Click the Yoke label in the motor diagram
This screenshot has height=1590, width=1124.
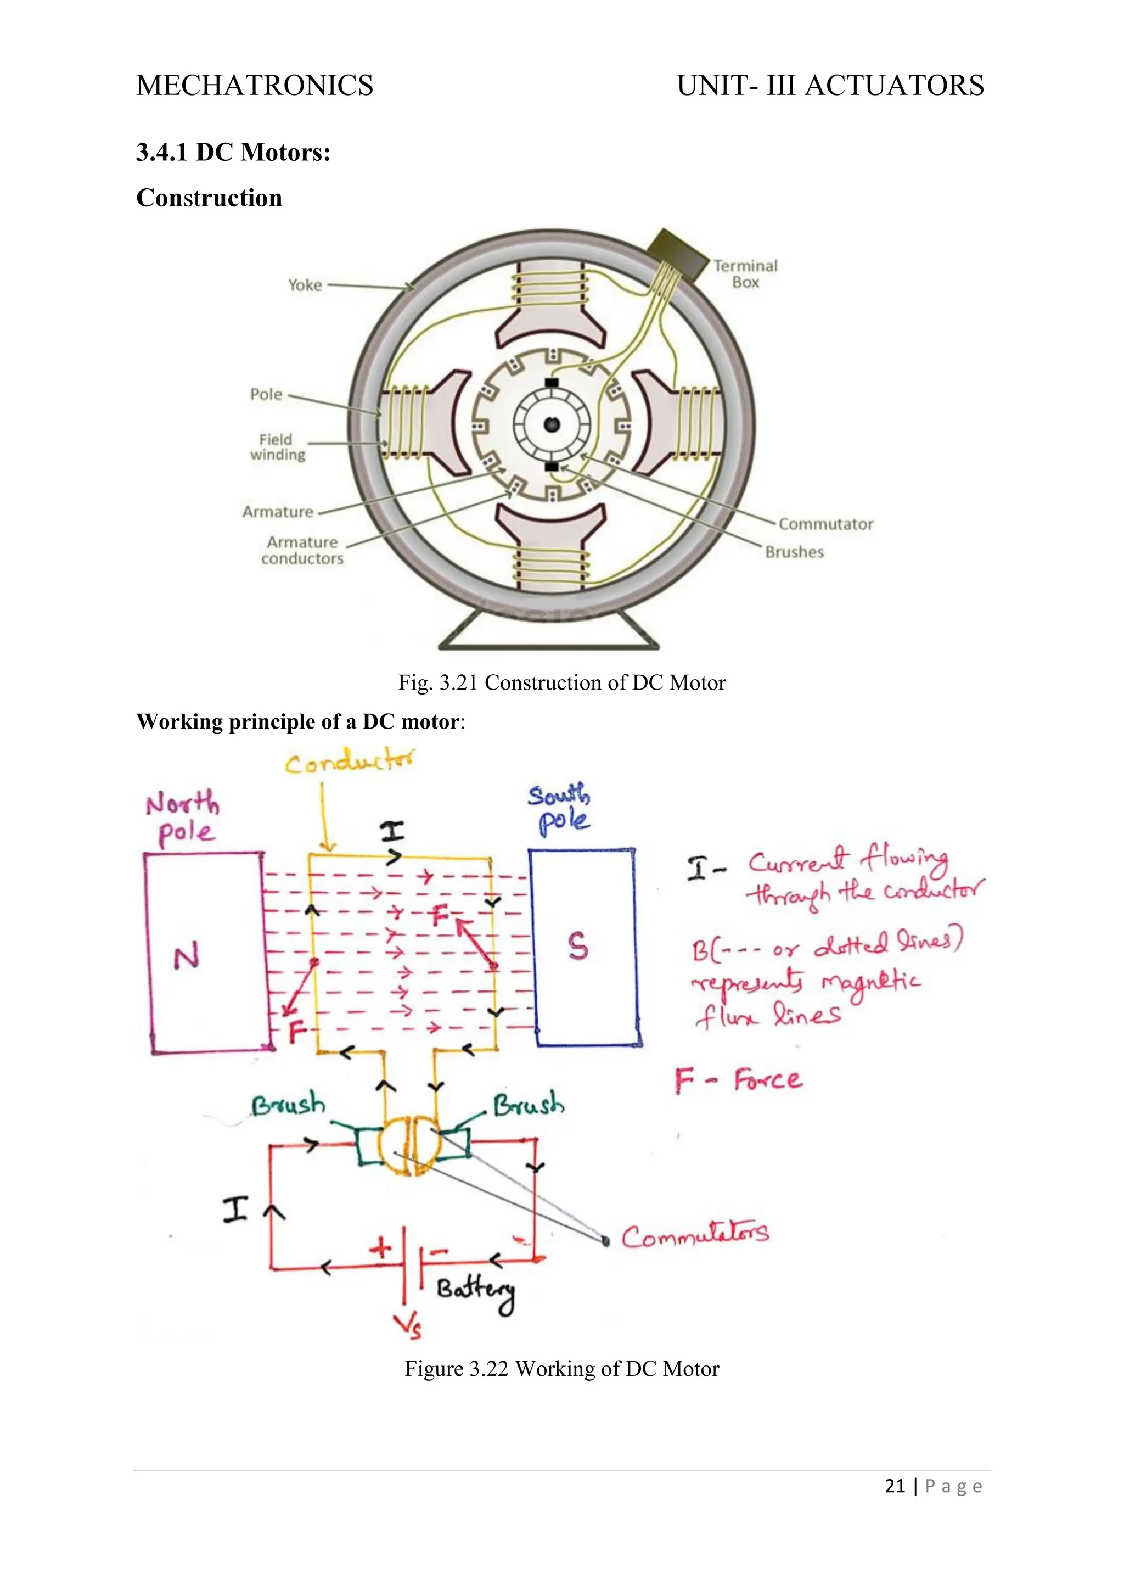[305, 284]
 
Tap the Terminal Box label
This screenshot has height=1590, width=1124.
[745, 274]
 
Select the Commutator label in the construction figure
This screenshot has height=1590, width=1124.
[825, 524]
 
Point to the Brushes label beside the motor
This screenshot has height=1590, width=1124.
[795, 552]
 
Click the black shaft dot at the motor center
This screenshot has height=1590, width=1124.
[552, 424]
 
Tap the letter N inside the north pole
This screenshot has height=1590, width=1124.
[186, 957]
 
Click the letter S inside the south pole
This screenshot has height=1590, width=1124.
[578, 946]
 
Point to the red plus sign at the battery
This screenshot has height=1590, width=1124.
[380, 1249]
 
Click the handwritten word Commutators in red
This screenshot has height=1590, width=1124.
[695, 1235]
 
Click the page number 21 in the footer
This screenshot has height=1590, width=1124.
[895, 1486]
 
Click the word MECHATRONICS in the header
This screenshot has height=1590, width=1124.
[255, 85]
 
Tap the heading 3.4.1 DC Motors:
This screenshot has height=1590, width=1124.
[233, 152]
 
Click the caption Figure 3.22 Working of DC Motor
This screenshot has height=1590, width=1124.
[561, 1369]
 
